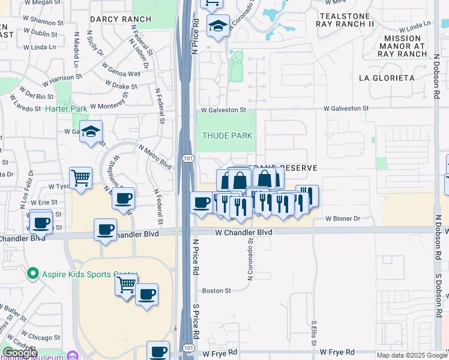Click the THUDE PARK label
(227, 136)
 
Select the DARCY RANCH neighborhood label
(121, 19)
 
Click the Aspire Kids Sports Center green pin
(32, 274)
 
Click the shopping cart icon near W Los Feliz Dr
(80, 178)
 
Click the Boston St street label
(216, 290)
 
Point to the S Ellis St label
(313, 334)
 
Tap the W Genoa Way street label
(121, 70)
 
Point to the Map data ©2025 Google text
(412, 355)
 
